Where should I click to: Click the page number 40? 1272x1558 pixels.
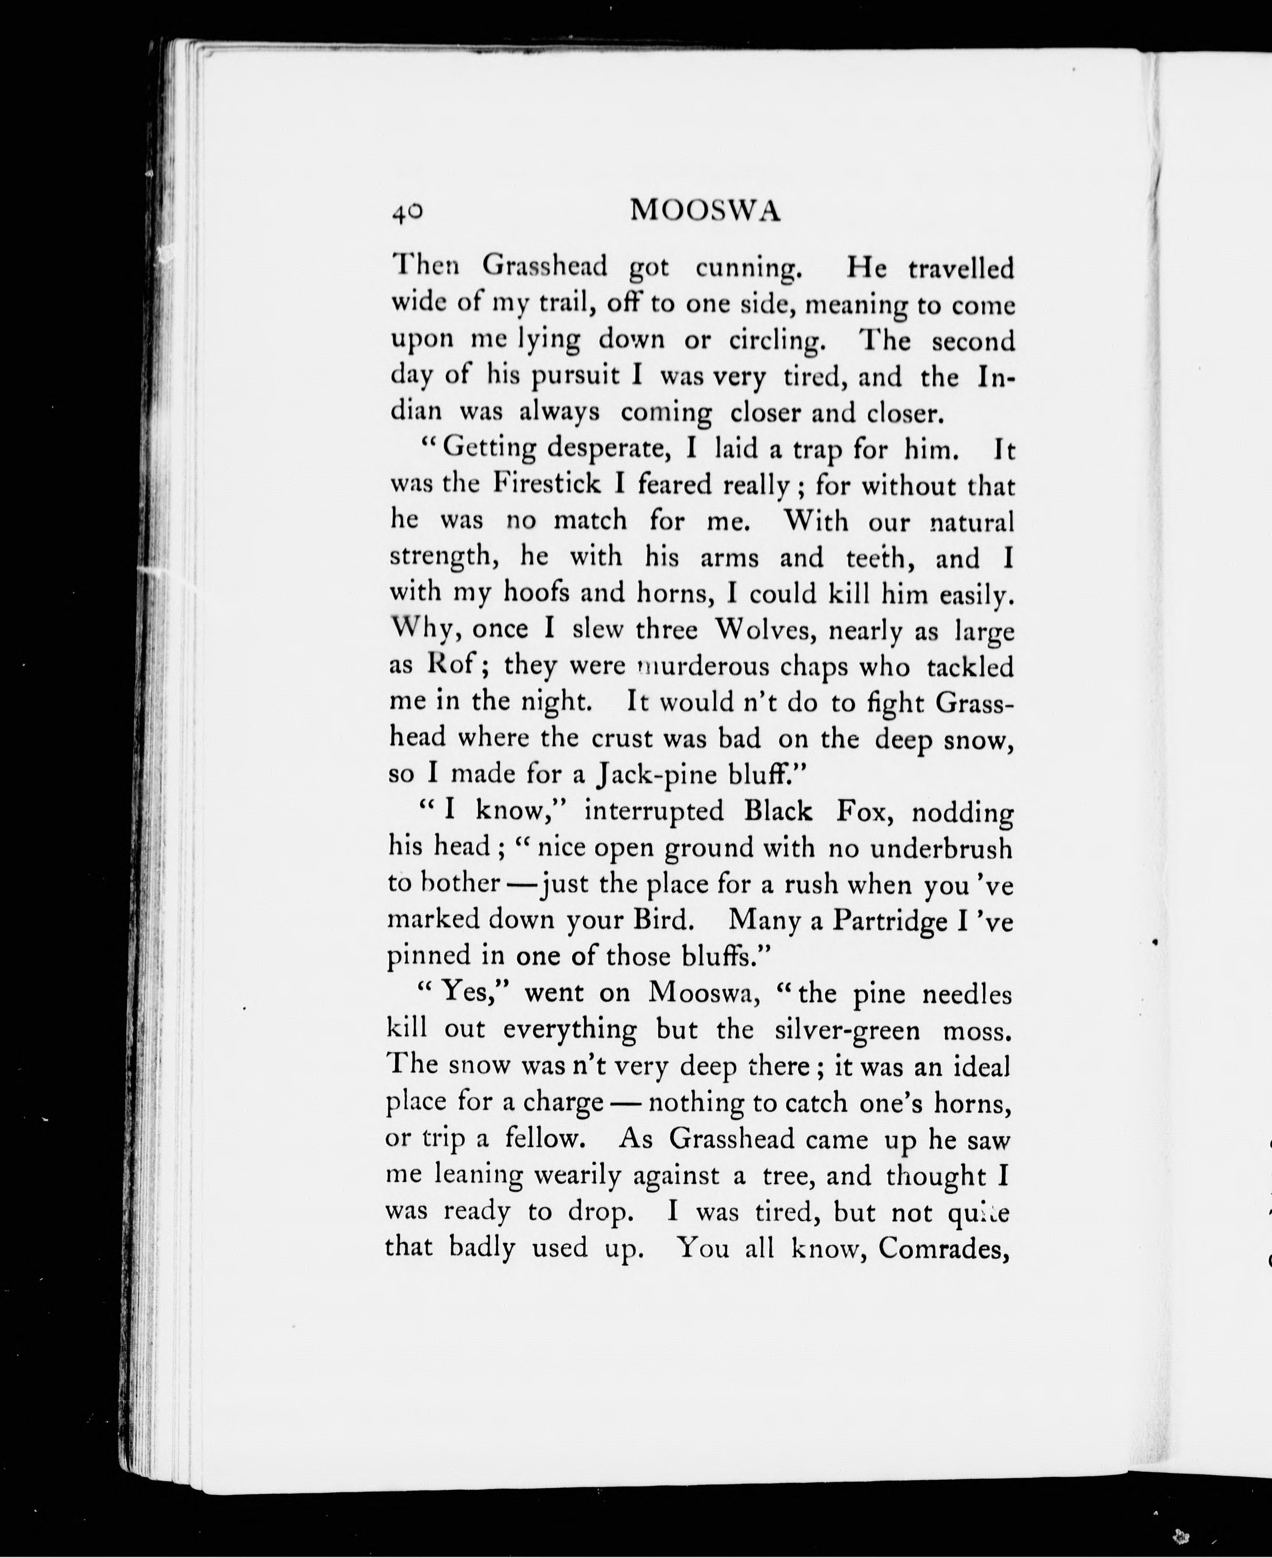tap(407, 212)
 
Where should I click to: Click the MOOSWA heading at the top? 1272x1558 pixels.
tap(706, 211)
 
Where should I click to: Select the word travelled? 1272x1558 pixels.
tap(961, 269)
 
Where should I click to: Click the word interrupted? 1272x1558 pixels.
tap(654, 811)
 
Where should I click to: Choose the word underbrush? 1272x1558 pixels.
tap(942, 848)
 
